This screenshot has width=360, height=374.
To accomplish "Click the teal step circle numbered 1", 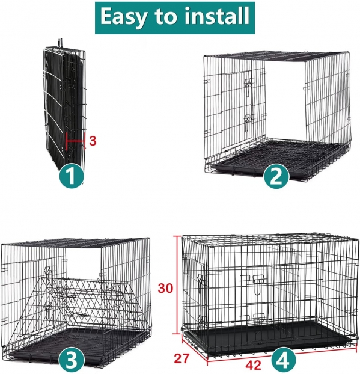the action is [72, 176].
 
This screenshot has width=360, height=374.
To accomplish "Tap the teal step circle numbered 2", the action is [276, 176].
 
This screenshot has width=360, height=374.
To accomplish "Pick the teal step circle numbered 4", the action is [283, 359].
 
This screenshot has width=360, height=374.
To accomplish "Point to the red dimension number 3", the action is [93, 141].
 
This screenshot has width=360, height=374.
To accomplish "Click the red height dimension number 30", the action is [165, 288].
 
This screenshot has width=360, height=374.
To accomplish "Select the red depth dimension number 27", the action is [182, 358].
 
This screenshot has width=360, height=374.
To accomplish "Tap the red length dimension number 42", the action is [254, 365].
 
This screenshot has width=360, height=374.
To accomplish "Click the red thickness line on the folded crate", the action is [76, 141].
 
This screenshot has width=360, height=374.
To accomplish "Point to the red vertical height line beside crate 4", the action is [177, 285].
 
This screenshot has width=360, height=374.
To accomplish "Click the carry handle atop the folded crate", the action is [60, 43].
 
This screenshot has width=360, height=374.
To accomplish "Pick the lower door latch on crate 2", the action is [248, 122].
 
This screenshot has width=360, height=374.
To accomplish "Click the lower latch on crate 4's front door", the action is [258, 317].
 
